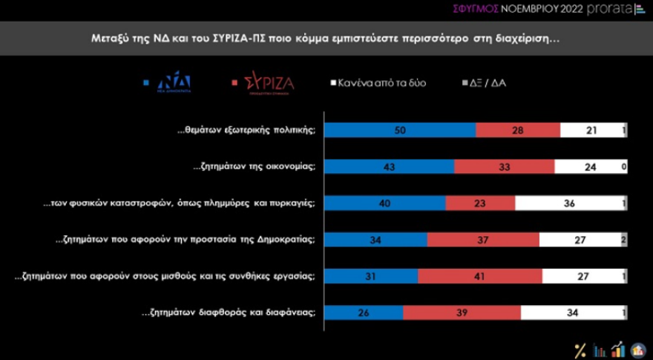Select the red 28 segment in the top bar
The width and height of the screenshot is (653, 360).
point(517,130)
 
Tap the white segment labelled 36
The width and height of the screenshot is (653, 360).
point(568,203)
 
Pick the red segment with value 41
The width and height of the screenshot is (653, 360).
point(479,275)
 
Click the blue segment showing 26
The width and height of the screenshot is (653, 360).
point(364,312)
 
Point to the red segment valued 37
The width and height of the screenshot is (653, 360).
point(483,239)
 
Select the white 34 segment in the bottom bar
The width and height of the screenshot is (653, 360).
point(571,312)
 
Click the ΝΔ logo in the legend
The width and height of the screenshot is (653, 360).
point(172,83)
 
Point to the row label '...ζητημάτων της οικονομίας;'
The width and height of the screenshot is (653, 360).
point(252,167)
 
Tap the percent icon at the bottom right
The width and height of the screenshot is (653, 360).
point(581,349)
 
